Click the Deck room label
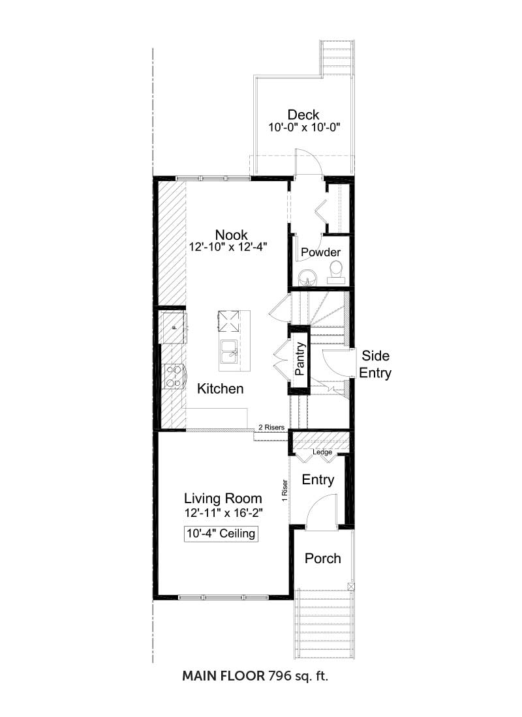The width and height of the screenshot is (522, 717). point(303,114)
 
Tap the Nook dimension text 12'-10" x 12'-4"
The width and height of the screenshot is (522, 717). point(228,247)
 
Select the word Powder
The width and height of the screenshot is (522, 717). point(320,252)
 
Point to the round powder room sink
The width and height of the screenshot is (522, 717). point(306,276)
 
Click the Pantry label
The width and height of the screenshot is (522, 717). point(300,359)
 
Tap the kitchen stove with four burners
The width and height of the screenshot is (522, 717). point(174,376)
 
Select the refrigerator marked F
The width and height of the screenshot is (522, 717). point(173,327)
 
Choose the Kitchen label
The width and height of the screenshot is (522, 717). point(221,388)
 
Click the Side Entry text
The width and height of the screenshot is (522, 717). point(375,364)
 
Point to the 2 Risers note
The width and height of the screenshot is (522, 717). point(271,427)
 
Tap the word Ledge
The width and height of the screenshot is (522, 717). point(322,452)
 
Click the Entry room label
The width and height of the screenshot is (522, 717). point(318,480)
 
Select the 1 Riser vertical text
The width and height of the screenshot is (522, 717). point(284,490)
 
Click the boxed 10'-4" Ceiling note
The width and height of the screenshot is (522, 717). point(221,534)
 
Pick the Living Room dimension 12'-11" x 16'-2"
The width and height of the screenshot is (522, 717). point(223,513)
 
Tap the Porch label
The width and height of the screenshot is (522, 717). point(323,559)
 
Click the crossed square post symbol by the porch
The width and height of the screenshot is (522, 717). point(351,587)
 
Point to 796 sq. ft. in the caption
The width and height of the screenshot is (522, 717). point(298,675)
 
